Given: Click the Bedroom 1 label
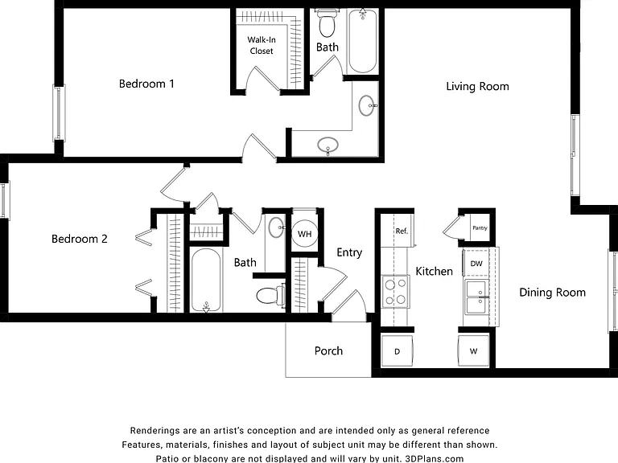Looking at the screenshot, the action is [x=146, y=84].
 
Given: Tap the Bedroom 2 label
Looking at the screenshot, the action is [x=80, y=239].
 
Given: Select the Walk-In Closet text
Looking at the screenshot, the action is [x=262, y=45].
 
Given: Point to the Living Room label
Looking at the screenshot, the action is [x=477, y=87].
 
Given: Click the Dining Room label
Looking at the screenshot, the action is [x=552, y=293].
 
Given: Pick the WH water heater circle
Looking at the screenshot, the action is [x=305, y=234].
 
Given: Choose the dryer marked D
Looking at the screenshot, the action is [x=397, y=350].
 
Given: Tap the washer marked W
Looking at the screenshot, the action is [x=474, y=350].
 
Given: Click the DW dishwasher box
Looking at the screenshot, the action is [x=476, y=264].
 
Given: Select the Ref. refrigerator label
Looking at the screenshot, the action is [x=402, y=231].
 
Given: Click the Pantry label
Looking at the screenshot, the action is [x=480, y=228].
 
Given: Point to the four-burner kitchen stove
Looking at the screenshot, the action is [x=396, y=292].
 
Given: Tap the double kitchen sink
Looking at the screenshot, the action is [x=477, y=297].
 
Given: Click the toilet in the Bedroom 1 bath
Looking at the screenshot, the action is [x=327, y=23].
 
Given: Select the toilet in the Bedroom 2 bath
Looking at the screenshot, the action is [x=270, y=295].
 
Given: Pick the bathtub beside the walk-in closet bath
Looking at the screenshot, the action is [x=362, y=41].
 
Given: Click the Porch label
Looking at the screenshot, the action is [x=328, y=350].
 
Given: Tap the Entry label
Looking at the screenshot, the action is [x=349, y=252].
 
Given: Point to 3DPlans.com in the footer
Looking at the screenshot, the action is [x=435, y=459].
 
